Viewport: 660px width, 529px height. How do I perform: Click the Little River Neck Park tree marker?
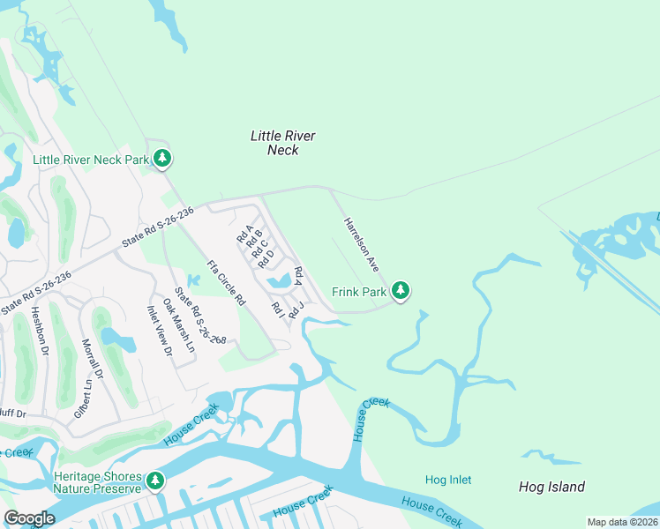point(161,159)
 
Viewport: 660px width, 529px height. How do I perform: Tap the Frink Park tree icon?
point(401,290)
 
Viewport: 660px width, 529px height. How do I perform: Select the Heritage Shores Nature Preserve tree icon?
point(155,481)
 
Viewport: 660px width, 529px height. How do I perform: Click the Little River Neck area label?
point(282,143)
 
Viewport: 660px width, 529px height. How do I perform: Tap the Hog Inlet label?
point(448,480)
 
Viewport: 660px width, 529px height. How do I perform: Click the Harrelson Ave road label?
point(361,243)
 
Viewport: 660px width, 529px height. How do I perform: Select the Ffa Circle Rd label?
point(226,282)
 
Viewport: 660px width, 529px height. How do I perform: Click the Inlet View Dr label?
point(159,331)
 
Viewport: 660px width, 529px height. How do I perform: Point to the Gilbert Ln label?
point(82,398)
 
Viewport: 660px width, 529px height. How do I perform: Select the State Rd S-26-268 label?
point(200,315)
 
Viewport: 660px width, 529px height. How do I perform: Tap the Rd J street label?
point(296,309)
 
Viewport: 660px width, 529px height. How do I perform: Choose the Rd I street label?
point(278,310)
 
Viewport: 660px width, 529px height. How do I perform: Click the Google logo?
point(29,518)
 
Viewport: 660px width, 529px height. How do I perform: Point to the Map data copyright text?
point(623,522)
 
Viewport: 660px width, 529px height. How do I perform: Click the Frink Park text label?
point(359,291)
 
